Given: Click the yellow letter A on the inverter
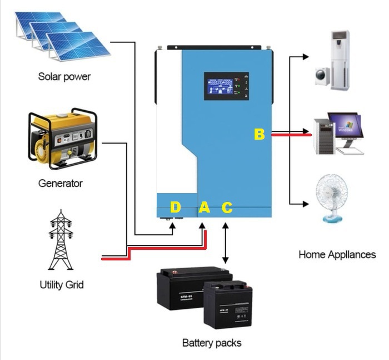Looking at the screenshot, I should coord(204,208).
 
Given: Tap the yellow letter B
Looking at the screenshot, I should coord(260,134).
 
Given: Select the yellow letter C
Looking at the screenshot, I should coord(227,208).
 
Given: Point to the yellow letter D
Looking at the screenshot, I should coord(175,208).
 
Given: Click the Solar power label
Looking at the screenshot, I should coord(64,76).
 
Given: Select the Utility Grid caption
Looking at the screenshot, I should coord(62,285).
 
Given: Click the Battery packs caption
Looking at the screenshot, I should coord(212,343).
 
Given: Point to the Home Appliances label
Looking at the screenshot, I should coord(337,255).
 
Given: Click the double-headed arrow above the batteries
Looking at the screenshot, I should coord(225,243).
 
